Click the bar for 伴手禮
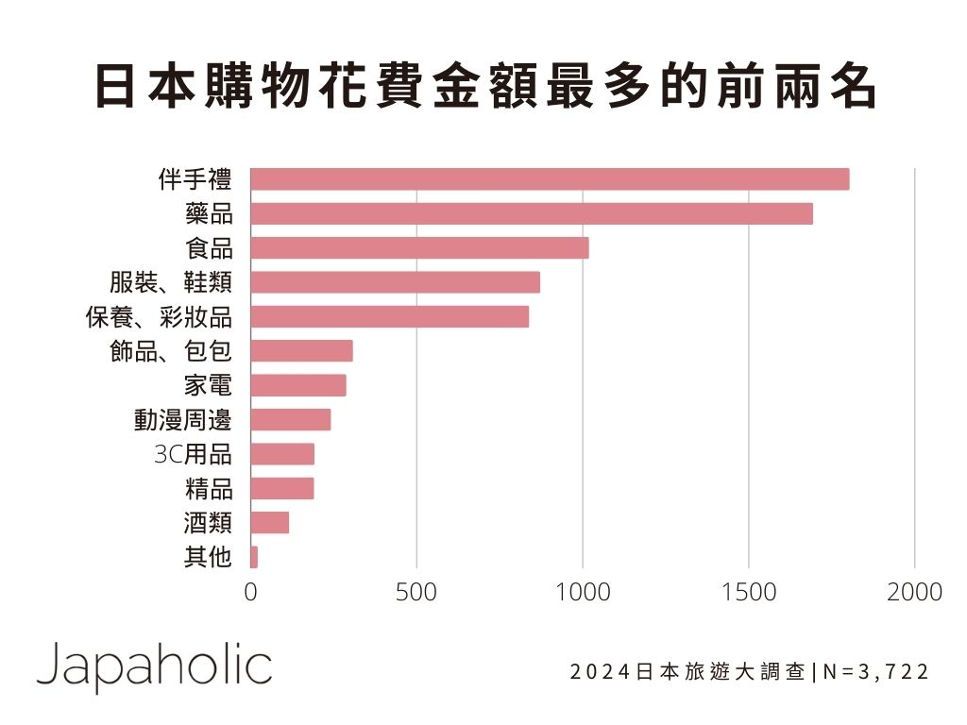pyautogui.click(x=550, y=179)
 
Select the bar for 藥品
pyautogui.click(x=532, y=213)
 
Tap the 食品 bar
pyautogui.click(x=419, y=248)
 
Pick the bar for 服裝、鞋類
pyautogui.click(x=395, y=282)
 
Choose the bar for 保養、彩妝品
pyautogui.click(x=389, y=317)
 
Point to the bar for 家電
pyautogui.click(x=298, y=385)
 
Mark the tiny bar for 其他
pyautogui.click(x=254, y=557)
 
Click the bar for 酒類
pyautogui.click(x=270, y=523)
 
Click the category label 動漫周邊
pyautogui.click(x=182, y=420)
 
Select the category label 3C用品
pyautogui.click(x=192, y=454)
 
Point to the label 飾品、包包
pyautogui.click(x=170, y=351)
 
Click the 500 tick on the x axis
pyautogui.click(x=416, y=592)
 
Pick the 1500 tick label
pyautogui.click(x=749, y=592)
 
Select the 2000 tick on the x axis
pyautogui.click(x=914, y=592)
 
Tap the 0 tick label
pyautogui.click(x=250, y=592)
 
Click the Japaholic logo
pyautogui.click(x=154, y=666)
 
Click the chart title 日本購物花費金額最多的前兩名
pyautogui.click(x=483, y=88)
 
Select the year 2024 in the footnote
pyautogui.click(x=602, y=672)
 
